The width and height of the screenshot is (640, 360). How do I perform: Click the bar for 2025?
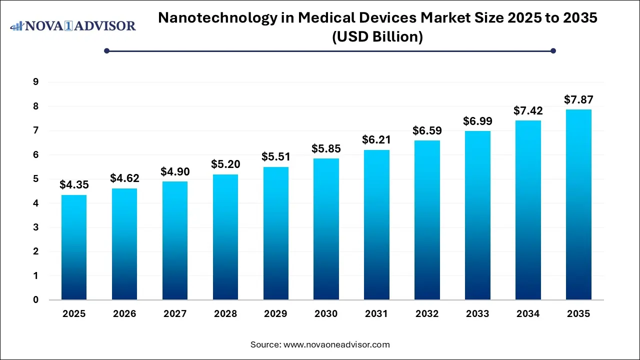pos(74,247)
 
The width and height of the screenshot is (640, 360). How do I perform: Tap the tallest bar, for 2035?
pos(578,204)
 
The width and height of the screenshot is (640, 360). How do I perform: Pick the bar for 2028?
pos(225,237)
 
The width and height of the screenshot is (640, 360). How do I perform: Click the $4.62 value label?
pos(124,178)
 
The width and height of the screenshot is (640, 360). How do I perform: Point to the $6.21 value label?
pos(376,139)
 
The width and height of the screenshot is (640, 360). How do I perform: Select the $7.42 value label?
pos(528,110)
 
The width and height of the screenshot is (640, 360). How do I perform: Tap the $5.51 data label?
pos(275,156)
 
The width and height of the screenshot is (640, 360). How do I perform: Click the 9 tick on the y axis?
pos(36,82)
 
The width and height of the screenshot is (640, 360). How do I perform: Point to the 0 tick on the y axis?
pos(36,300)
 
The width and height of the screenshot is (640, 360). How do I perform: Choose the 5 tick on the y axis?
pos(36,179)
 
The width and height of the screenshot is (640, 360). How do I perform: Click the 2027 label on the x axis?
pos(174,314)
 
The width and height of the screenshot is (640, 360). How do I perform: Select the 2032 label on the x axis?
pos(427,314)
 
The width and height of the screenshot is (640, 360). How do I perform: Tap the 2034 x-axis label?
pos(528,314)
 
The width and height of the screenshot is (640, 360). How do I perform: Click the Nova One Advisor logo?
pos(73,25)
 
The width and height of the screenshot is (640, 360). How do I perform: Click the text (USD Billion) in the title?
pos(377,36)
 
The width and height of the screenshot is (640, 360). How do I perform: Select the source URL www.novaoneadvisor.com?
pos(336,344)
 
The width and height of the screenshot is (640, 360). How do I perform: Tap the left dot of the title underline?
pos(106,50)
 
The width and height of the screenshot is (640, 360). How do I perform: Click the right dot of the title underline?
pos(553,50)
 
